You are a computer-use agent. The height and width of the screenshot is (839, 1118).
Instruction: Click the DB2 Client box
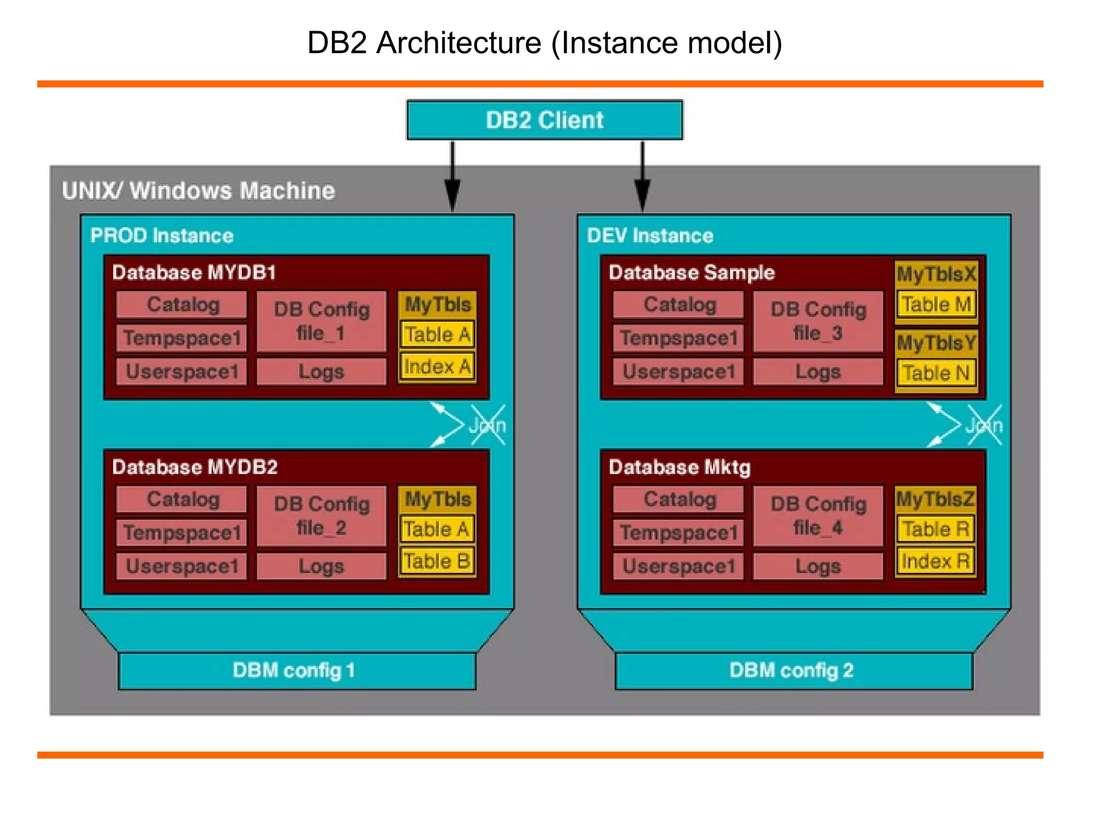[x=544, y=120]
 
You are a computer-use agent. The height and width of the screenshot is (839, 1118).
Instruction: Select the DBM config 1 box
[x=296, y=670]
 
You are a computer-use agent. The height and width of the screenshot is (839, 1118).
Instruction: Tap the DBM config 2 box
[x=793, y=670]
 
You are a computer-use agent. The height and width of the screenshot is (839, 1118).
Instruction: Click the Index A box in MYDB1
[x=437, y=367]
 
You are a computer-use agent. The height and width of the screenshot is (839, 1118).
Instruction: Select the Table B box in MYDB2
[x=437, y=561]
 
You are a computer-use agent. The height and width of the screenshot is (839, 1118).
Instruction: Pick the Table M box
[x=936, y=304]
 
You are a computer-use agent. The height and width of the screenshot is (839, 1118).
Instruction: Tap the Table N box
[x=936, y=374]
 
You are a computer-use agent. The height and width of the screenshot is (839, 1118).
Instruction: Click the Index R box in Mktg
[x=936, y=561]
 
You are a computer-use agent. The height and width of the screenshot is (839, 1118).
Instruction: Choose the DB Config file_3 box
[x=818, y=321]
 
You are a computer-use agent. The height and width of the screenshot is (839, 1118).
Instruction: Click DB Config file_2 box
[x=322, y=516]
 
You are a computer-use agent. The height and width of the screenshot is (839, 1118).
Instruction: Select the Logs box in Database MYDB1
[x=322, y=372]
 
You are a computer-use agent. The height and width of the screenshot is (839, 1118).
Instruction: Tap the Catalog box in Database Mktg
[x=679, y=499]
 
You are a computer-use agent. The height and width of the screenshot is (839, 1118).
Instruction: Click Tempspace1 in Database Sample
[x=679, y=338]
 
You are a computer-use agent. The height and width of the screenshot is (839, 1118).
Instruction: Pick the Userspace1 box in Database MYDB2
[x=182, y=566]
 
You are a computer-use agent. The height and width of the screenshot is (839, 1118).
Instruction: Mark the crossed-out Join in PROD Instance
[x=487, y=425]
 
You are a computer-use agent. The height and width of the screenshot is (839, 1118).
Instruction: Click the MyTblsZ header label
[x=935, y=499]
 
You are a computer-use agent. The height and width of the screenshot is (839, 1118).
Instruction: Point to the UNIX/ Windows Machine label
[x=198, y=191]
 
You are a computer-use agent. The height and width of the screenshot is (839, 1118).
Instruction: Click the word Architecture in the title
[x=459, y=43]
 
